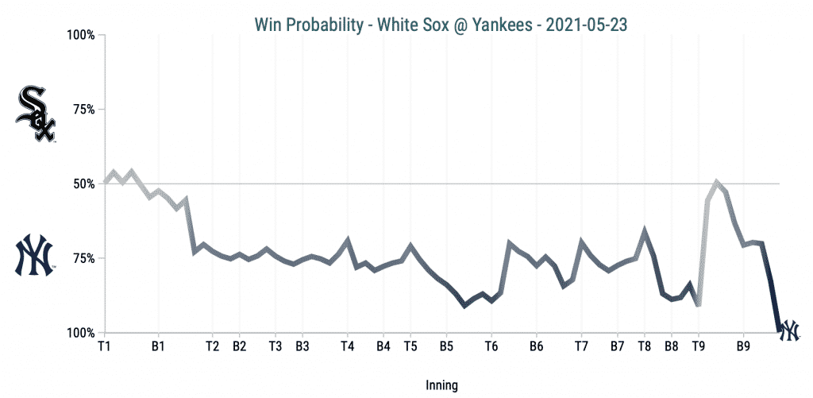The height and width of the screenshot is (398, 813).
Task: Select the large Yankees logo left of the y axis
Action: coord(35,255)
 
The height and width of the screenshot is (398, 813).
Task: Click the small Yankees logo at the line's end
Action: coord(789,330)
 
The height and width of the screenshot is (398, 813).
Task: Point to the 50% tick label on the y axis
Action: coord(83,184)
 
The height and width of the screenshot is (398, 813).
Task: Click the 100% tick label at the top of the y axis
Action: coord(81,36)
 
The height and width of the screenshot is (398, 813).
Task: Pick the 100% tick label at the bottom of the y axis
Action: coord(81,333)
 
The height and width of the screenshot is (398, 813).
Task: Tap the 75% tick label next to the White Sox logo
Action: coord(83,110)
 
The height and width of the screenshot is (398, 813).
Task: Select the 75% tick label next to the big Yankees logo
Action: coord(83,258)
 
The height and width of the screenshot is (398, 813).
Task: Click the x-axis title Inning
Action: coord(442,385)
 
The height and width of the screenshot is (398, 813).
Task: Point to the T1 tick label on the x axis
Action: coord(104,347)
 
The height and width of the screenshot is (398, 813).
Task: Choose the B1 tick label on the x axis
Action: coord(158,347)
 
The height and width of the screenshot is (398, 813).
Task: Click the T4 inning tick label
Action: coord(347,347)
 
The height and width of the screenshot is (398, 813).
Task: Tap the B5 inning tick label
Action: coord(446,347)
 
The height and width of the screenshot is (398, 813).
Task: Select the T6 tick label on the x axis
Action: coord(491,347)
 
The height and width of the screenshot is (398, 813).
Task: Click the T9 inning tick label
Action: coord(699,347)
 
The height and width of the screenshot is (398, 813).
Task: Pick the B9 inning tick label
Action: coord(744,347)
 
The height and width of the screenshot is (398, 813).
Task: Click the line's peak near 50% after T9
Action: coord(717,183)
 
